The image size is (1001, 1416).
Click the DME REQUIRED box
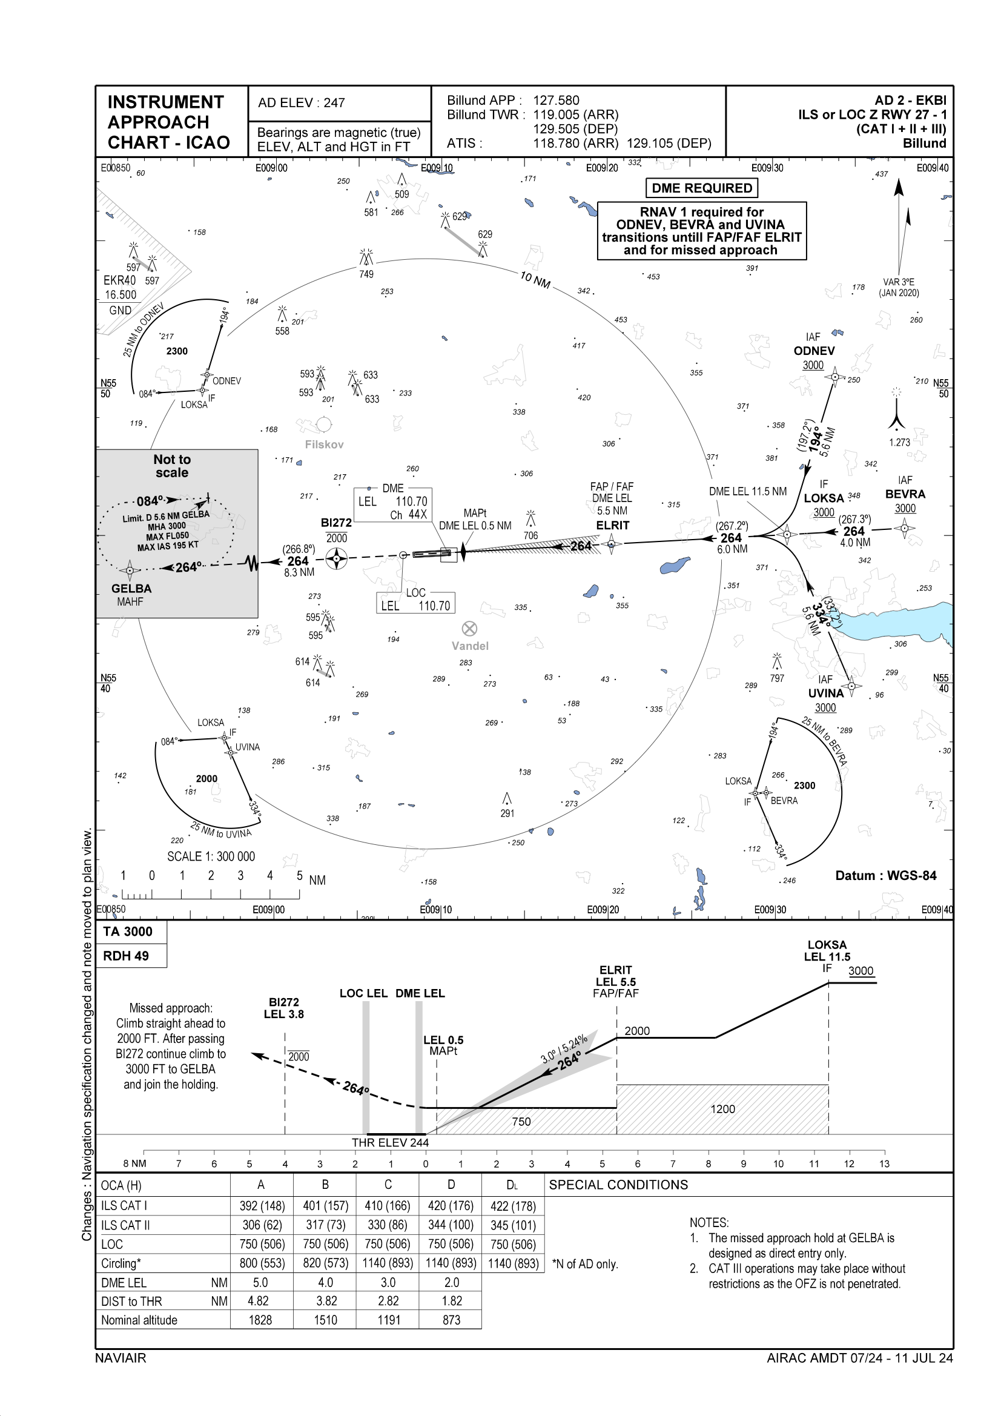click(702, 188)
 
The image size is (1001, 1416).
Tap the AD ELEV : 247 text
click(301, 103)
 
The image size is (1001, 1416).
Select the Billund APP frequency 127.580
click(556, 101)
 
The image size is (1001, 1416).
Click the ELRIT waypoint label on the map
click(612, 526)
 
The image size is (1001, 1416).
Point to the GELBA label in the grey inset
click(131, 588)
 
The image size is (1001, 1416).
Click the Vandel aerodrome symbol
click(469, 629)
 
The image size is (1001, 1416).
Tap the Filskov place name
click(324, 445)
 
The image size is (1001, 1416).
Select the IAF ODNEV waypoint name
click(814, 351)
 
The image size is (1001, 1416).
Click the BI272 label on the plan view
click(336, 523)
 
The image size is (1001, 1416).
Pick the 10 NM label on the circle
click(535, 280)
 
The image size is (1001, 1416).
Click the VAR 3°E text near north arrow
click(899, 282)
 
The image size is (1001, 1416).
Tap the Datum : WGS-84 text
click(886, 876)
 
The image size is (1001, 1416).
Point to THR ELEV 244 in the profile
click(390, 1142)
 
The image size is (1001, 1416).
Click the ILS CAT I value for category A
click(262, 1206)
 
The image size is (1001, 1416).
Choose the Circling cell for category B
click(325, 1262)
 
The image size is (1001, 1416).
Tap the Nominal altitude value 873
click(451, 1320)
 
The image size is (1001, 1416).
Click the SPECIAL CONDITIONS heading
click(618, 1185)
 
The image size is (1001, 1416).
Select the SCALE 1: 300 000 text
click(211, 856)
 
